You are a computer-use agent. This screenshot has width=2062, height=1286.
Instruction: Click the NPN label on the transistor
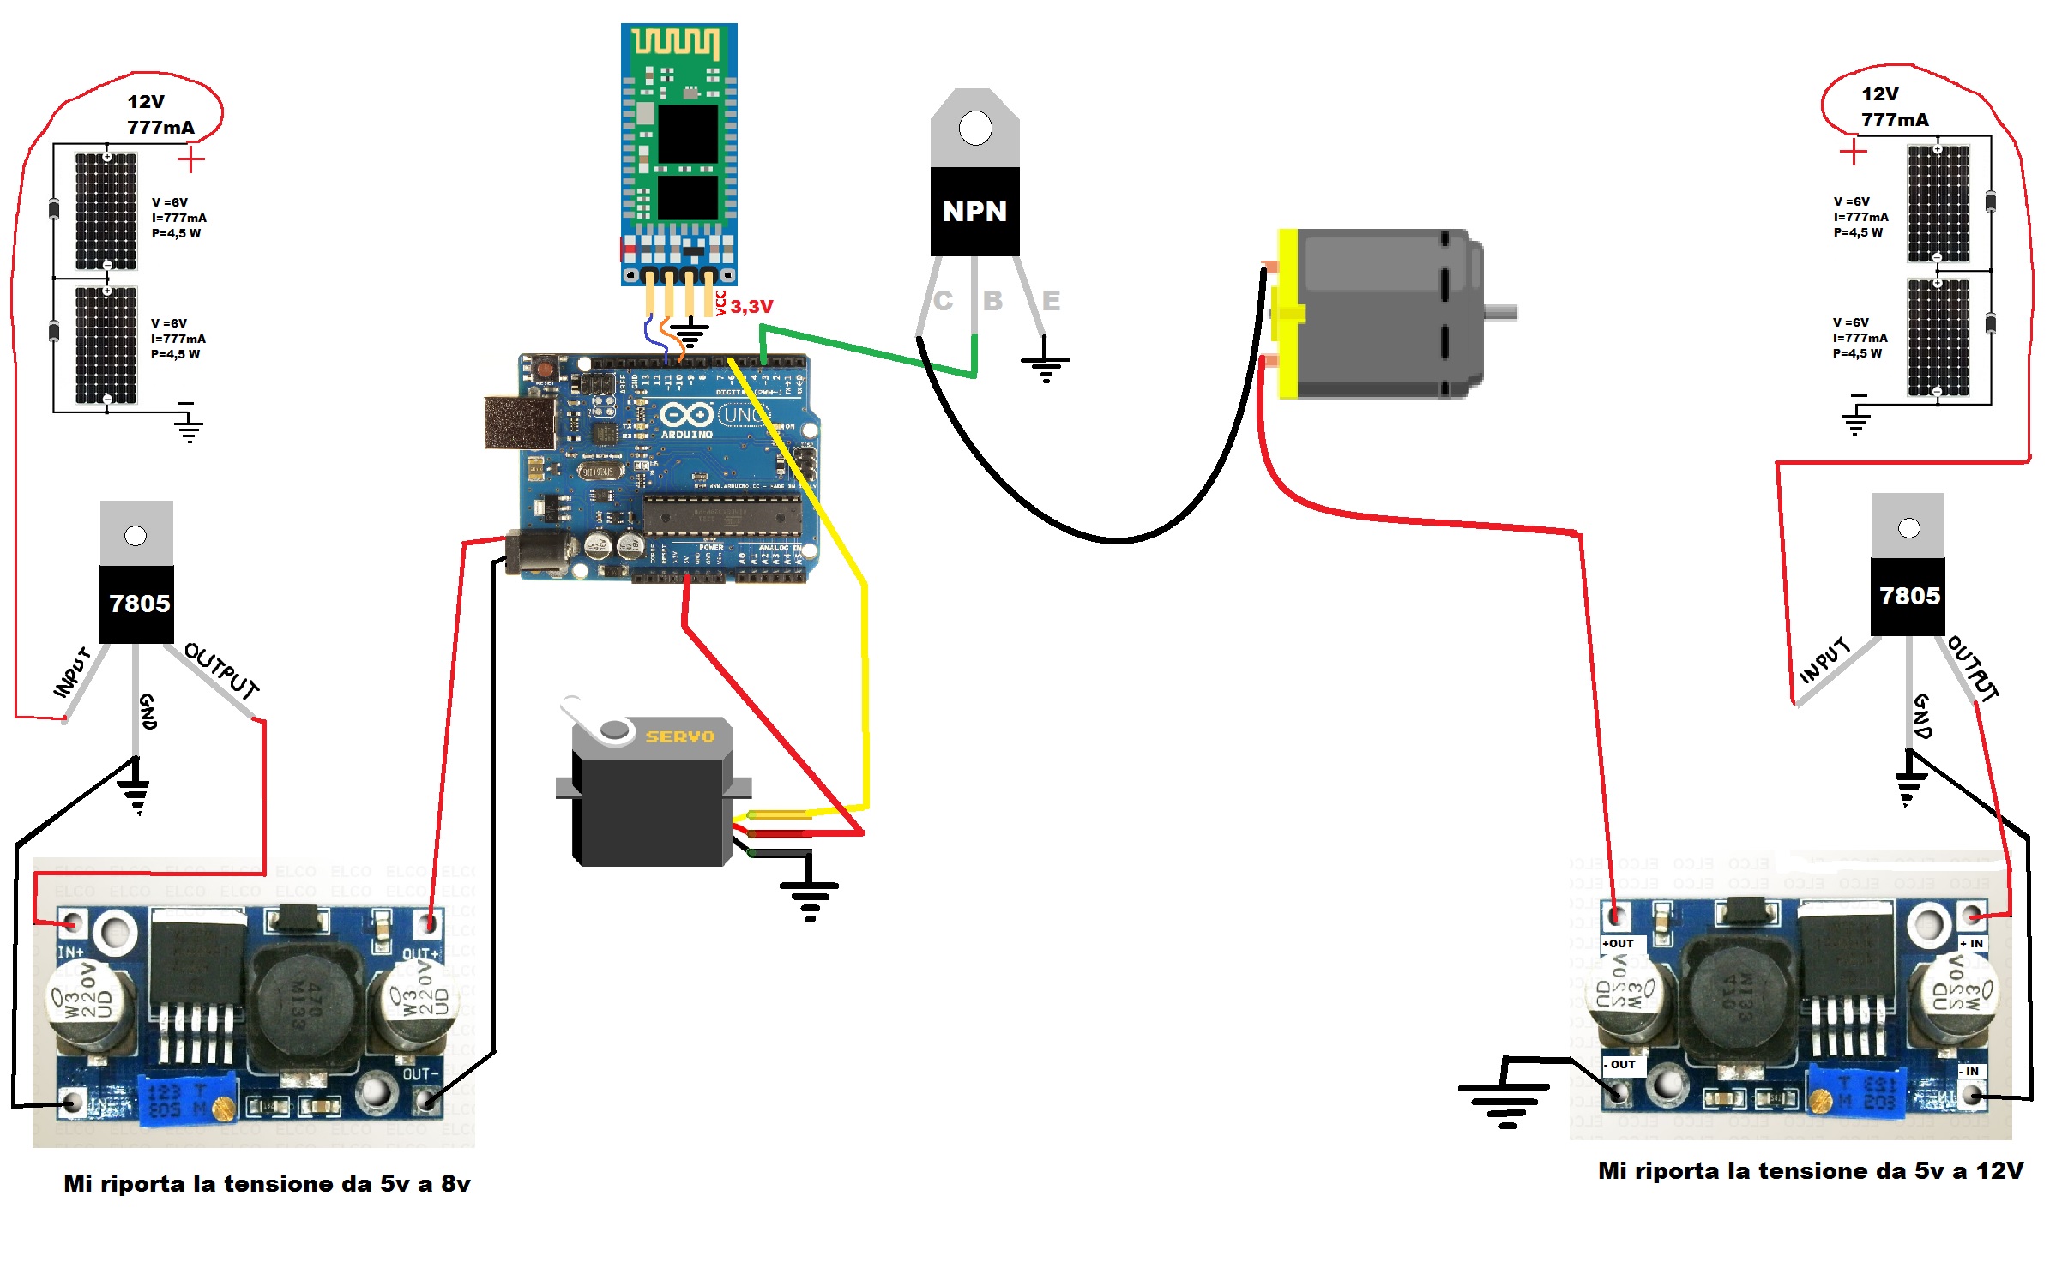point(974,211)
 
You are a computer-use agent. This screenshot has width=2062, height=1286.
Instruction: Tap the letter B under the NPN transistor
point(992,301)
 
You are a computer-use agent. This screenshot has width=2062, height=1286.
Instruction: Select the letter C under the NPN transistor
point(943,301)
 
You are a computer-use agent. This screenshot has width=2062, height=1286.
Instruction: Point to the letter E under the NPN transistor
point(1051,301)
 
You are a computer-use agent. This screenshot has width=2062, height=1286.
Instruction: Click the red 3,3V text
point(751,306)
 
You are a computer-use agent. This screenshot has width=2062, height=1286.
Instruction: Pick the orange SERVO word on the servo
point(679,736)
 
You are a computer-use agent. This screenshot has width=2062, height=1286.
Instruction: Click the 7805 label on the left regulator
point(139,604)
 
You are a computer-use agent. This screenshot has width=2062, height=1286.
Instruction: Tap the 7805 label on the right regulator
point(1909,596)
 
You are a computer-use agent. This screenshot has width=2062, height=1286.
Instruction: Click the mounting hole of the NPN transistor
point(975,129)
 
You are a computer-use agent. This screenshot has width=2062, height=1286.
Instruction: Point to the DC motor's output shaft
point(1501,313)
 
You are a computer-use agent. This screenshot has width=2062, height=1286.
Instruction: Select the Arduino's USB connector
point(519,423)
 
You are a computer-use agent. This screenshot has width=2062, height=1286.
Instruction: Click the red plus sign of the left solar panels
point(191,159)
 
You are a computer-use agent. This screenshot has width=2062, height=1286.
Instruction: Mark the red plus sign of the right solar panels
point(1854,153)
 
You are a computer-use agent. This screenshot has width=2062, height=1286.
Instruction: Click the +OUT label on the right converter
point(1618,944)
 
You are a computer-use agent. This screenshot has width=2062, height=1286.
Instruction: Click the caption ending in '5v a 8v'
point(267,1184)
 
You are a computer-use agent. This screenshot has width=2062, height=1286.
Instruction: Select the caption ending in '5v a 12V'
point(1811,1171)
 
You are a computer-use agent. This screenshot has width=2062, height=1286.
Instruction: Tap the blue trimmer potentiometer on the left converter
point(185,1100)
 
